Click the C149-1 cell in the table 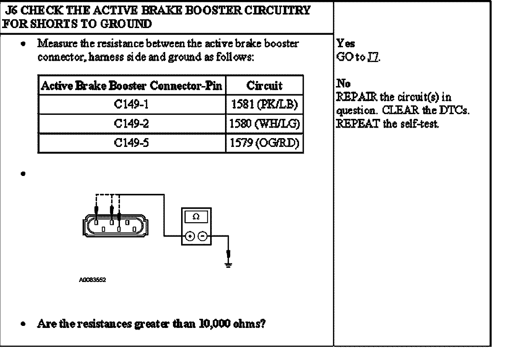(131, 105)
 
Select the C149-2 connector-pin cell (131, 124)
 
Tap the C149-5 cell (131, 143)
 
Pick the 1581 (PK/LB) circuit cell (264, 105)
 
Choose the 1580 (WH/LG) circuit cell (264, 124)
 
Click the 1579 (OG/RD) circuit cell (264, 143)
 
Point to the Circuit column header (264, 86)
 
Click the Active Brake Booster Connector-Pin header (131, 86)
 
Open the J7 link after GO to (374, 57)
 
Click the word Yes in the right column (346, 44)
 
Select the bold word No (344, 83)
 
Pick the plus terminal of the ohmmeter (190, 236)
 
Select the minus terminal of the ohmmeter (202, 236)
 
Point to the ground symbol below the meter (228, 265)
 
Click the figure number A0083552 (92, 280)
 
